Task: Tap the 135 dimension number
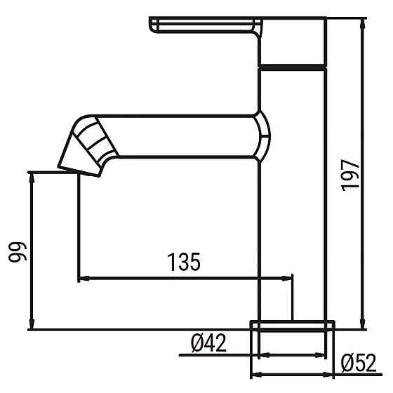click(x=184, y=262)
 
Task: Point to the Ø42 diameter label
click(x=208, y=343)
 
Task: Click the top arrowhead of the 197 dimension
click(x=362, y=24)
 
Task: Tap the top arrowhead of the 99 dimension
click(x=32, y=176)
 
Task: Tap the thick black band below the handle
click(x=293, y=66)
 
